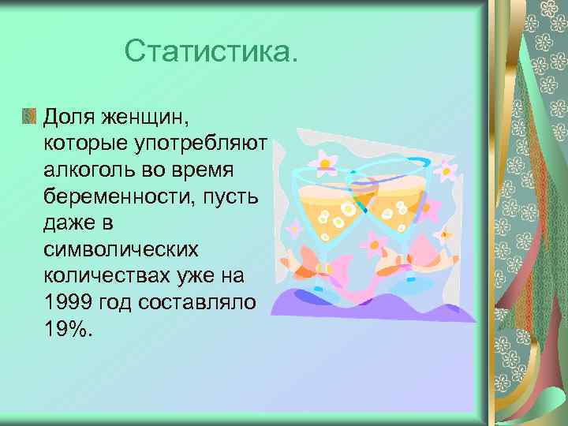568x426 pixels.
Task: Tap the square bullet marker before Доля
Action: pyautogui.click(x=29, y=117)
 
